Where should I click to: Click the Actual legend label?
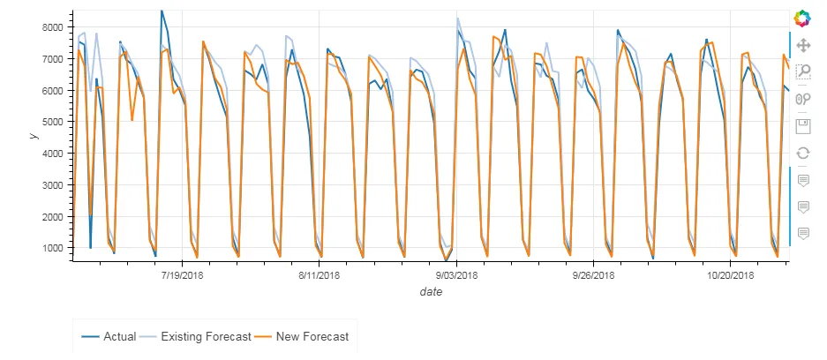pyautogui.click(x=119, y=336)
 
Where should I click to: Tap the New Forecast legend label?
pyautogui.click(x=312, y=336)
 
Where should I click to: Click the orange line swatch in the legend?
pyautogui.click(x=263, y=336)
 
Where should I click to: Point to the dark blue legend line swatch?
pyautogui.click(x=90, y=336)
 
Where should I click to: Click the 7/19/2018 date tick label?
pyautogui.click(x=182, y=275)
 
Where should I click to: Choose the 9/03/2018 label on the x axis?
pyautogui.click(x=456, y=275)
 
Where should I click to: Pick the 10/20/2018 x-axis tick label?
pyautogui.click(x=731, y=275)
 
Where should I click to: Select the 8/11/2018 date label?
pyautogui.click(x=319, y=275)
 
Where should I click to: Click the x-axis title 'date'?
pyautogui.click(x=431, y=292)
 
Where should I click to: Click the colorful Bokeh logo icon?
pyautogui.click(x=802, y=18)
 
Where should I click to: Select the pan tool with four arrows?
pyautogui.click(x=803, y=44)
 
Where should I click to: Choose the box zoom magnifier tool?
pyautogui.click(x=803, y=71)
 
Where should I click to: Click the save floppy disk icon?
pyautogui.click(x=803, y=125)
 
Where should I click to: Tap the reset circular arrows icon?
pyautogui.click(x=803, y=153)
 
